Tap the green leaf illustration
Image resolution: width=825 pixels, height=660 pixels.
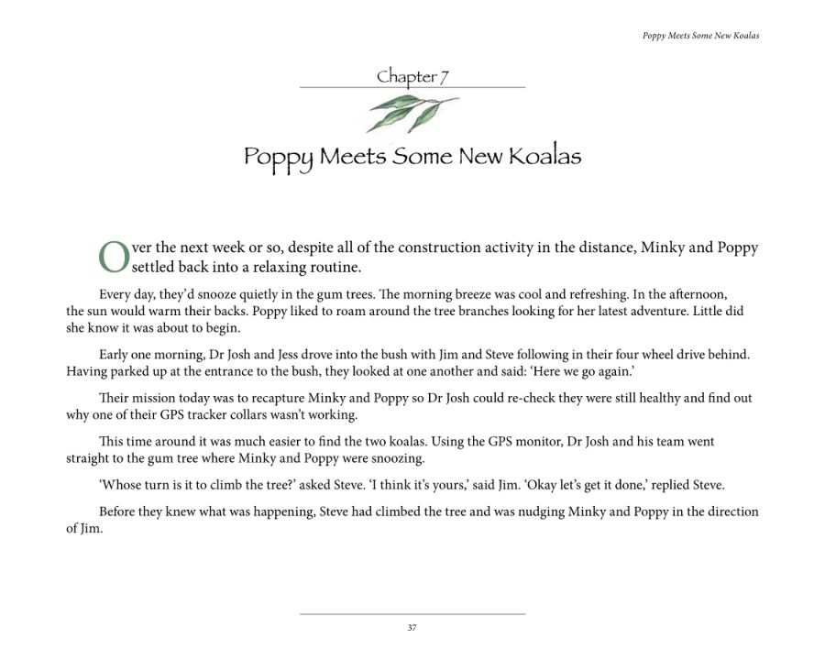pyautogui.click(x=410, y=113)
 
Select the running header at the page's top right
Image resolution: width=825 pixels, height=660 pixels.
pyautogui.click(x=700, y=36)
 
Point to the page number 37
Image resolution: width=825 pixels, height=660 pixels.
pyautogui.click(x=412, y=628)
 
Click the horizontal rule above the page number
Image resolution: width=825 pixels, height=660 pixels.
pyautogui.click(x=412, y=613)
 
